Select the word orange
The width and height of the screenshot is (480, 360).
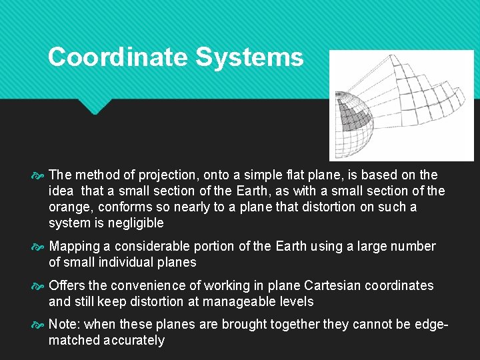(71, 207)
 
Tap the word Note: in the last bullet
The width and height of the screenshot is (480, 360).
(65, 324)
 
